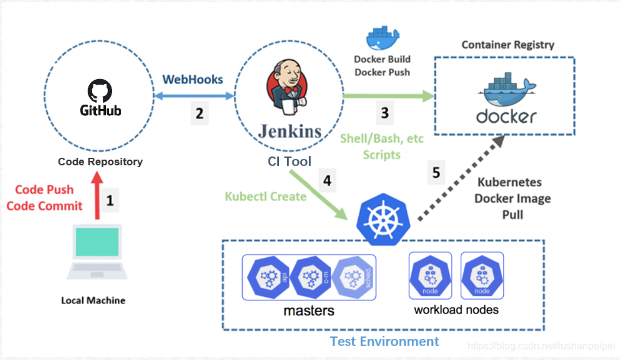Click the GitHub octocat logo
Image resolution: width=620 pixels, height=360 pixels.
[x=100, y=90]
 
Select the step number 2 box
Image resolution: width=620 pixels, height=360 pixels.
[x=199, y=113]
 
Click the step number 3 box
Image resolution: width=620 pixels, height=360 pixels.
[x=385, y=113]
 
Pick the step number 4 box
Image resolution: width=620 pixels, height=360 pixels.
[x=327, y=180]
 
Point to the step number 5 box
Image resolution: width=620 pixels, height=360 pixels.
[x=436, y=172]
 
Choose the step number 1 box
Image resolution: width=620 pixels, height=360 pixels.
[x=110, y=200]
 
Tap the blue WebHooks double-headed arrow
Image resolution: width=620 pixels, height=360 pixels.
[x=194, y=96]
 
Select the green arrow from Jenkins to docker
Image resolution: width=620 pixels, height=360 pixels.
[x=388, y=96]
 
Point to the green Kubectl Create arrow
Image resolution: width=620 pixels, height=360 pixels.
[x=318, y=194]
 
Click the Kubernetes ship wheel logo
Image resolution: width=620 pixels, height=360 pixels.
[x=383, y=220]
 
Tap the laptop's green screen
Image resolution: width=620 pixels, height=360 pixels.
[x=97, y=242]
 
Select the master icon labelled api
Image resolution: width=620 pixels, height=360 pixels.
[x=269, y=277]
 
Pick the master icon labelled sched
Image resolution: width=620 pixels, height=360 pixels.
[x=354, y=277]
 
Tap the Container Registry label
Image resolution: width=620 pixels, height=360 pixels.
[x=508, y=45]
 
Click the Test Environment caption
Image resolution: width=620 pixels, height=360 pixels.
[x=384, y=341]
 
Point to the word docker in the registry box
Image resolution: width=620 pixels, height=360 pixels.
[x=506, y=116]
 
